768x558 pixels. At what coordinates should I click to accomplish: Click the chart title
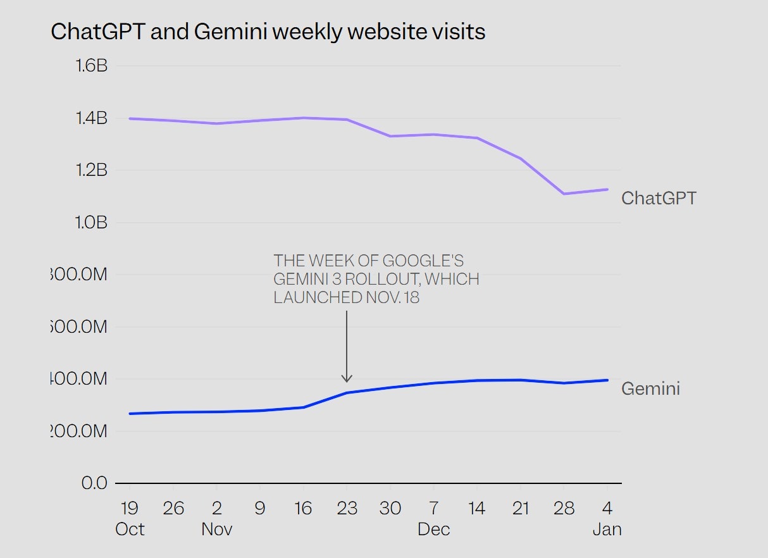coord(268,32)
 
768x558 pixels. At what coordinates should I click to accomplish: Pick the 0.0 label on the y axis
coord(95,483)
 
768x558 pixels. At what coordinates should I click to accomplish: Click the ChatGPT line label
coord(659,198)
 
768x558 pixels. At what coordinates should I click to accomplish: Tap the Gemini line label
coord(650,388)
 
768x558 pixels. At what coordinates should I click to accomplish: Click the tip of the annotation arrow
coord(347,381)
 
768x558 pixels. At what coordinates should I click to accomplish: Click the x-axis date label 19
coord(130,508)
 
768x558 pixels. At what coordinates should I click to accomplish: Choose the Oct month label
coord(130,529)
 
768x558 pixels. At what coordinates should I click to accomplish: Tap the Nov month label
coord(217,529)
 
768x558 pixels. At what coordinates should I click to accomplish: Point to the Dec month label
coord(433,529)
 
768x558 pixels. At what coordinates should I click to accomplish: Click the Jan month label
coord(607,529)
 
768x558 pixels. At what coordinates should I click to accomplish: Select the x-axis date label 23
coord(347,508)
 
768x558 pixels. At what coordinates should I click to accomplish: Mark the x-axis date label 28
coord(564,508)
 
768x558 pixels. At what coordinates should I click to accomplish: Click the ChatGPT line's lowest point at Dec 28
coord(564,194)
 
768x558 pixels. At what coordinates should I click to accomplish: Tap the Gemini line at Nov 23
coord(347,393)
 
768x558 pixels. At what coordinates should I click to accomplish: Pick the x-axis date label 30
coord(390,508)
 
